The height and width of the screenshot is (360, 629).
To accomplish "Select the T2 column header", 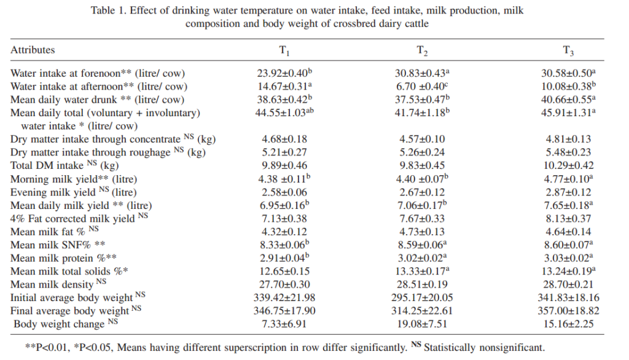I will point(422,51).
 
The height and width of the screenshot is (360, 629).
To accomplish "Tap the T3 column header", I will point(568,51).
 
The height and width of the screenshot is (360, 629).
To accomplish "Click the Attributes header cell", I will point(33,50).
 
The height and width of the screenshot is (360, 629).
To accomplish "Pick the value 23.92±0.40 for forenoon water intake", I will point(283,73).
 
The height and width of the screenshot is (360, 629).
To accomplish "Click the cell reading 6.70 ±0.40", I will point(420,87).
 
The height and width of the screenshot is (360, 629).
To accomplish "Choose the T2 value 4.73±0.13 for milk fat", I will point(420,232).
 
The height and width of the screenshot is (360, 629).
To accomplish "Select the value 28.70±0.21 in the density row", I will point(568,284).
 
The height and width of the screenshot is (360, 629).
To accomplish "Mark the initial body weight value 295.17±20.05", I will point(421,298).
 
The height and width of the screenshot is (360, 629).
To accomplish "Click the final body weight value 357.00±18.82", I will point(568,311).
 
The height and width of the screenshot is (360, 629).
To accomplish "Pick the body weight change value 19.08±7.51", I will point(421,324).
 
